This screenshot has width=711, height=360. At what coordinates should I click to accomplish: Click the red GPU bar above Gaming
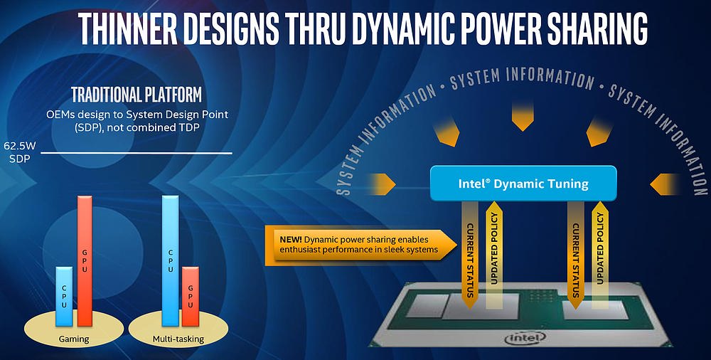tap(85, 261)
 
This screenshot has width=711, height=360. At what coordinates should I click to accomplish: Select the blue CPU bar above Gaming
tap(64, 296)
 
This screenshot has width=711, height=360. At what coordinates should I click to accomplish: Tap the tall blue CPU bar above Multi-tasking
tap(170, 260)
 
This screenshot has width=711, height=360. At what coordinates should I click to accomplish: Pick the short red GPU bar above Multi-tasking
tap(191, 297)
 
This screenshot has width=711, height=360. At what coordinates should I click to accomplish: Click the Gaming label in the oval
tap(74, 339)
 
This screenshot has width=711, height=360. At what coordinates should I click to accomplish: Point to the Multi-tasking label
tap(178, 339)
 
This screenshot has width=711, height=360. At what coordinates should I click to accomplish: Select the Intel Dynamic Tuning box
tap(523, 184)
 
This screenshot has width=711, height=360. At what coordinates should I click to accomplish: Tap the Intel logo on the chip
tap(525, 337)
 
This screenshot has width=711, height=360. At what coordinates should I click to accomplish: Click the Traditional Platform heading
tap(137, 95)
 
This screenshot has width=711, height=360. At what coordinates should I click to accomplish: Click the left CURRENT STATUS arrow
tap(470, 254)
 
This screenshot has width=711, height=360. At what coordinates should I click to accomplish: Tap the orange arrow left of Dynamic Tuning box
tap(383, 184)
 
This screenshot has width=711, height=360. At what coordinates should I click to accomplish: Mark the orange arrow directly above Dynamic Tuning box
tap(523, 117)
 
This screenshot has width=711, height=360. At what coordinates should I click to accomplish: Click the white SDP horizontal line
tap(136, 153)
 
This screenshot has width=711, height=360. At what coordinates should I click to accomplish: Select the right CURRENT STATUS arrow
tap(575, 254)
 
